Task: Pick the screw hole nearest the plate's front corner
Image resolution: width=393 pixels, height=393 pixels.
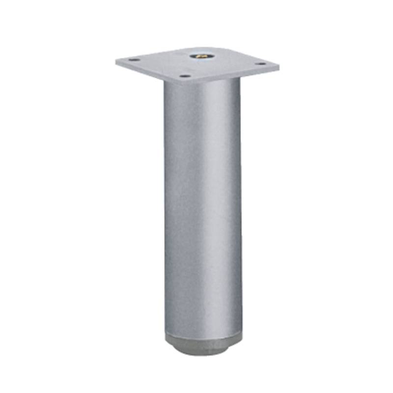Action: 184,76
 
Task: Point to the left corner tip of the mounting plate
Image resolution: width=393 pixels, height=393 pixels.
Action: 116,61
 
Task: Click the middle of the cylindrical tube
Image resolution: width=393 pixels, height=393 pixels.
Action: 203,206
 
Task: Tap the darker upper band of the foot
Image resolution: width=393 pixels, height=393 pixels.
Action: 203,339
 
